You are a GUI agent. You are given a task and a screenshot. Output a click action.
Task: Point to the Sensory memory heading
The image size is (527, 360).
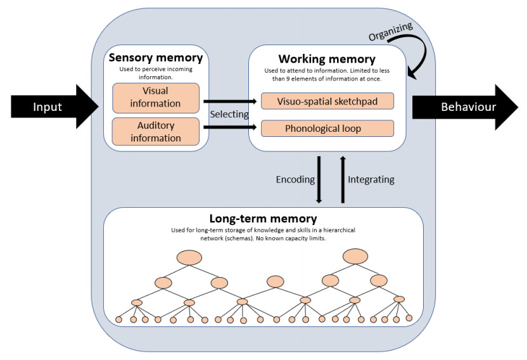(x=156, y=58)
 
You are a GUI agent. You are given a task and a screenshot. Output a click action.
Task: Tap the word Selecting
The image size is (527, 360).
(x=229, y=113)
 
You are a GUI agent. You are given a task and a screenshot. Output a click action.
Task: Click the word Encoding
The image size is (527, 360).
(x=295, y=179)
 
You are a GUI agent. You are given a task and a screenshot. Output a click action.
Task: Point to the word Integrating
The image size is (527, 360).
(x=371, y=179)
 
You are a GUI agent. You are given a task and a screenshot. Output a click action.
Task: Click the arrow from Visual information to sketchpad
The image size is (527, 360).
(x=231, y=100)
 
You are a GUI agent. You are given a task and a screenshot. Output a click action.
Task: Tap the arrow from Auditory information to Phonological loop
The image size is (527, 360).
(x=231, y=128)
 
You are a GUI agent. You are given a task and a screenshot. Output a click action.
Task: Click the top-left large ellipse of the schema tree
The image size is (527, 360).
(x=189, y=258)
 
